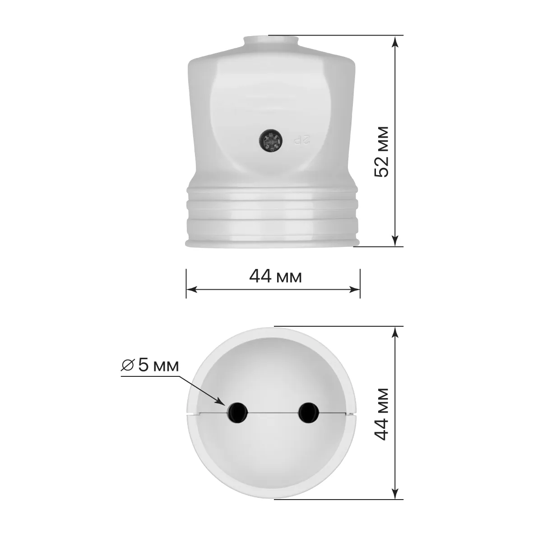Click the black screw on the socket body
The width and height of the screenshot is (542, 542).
(270, 141)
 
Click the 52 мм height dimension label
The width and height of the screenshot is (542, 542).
(382, 152)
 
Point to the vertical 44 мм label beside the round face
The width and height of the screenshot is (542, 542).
(382, 414)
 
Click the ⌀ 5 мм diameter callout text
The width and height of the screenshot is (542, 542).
(150, 366)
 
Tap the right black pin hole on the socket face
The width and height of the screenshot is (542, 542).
(309, 413)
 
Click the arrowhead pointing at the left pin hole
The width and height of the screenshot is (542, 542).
(220, 401)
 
